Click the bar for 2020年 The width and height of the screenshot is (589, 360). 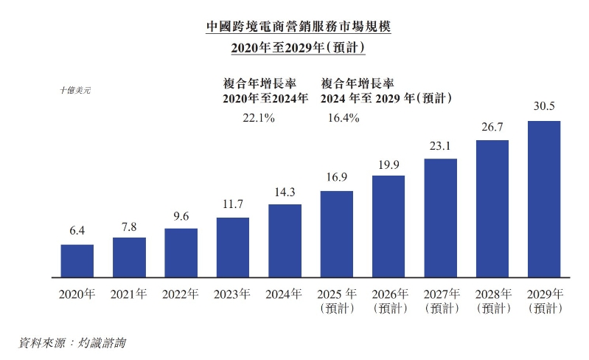click(77, 261)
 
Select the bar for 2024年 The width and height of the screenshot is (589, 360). click(285, 241)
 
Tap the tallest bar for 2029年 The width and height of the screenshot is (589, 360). click(544, 199)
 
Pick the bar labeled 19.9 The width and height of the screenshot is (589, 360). click(388, 226)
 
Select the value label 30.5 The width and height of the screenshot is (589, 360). click(544, 108)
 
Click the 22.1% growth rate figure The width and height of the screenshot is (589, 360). click(258, 118)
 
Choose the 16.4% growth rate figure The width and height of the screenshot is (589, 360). click(341, 118)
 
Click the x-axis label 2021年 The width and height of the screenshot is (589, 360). click(129, 294)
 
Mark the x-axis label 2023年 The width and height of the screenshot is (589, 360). click(233, 294)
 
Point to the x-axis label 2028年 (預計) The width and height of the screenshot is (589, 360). click(492, 301)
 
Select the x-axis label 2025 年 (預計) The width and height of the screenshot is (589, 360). click(337, 301)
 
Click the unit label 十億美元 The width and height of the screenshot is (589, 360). click(75, 90)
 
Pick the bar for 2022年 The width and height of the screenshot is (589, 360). click(181, 253)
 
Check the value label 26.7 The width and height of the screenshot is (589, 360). click(492, 128)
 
